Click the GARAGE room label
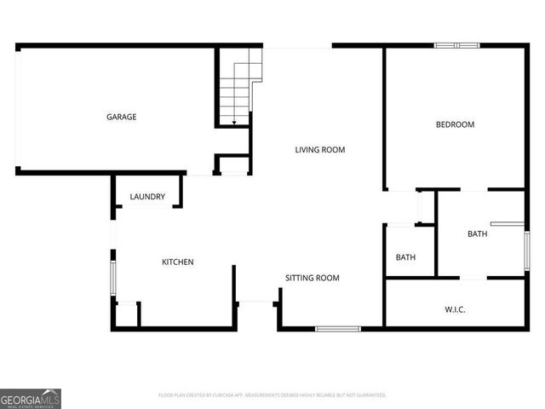[x=121, y=117]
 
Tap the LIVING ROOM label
[x=320, y=150]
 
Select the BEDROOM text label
[x=455, y=125]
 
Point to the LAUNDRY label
[x=147, y=197]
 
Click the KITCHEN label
[x=178, y=262]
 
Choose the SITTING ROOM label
[x=312, y=278]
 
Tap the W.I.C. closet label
[x=455, y=308]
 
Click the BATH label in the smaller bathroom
[x=405, y=257]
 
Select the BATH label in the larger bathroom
[x=477, y=233]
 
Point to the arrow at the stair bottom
[x=234, y=123]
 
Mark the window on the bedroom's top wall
[x=457, y=45]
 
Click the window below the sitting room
[x=338, y=328]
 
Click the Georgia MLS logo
[x=31, y=399]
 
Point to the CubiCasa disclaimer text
[x=272, y=395]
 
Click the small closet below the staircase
[x=231, y=164]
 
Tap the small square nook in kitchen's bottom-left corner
[x=126, y=314]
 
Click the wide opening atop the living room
[x=297, y=46]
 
